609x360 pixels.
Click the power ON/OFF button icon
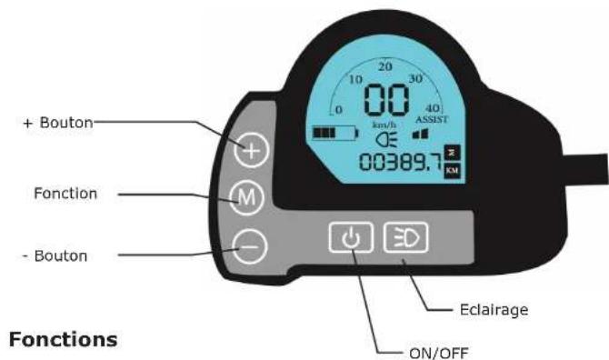[347, 238]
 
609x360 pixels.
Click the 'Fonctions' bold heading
[60, 339]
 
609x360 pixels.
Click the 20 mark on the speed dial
[385, 66]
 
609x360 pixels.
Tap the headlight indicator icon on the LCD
[384, 139]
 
